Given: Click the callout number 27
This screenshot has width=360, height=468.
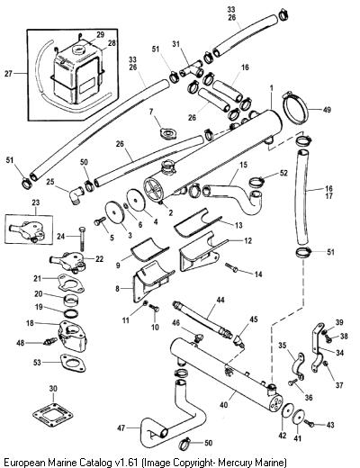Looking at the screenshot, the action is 8,74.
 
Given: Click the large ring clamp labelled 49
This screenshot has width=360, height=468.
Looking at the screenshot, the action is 296,108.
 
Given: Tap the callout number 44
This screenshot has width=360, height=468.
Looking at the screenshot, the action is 220,299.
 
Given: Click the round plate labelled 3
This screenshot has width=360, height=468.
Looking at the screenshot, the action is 114,212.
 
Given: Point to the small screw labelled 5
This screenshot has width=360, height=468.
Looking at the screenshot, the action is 100,222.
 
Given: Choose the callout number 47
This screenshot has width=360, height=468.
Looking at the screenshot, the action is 121,428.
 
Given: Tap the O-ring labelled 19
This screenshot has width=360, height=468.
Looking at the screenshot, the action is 72,313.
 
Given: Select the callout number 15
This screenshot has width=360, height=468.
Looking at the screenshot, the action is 243,165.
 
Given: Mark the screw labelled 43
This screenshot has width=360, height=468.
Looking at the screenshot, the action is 310,423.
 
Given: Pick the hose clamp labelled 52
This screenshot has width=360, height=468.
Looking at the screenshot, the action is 257,181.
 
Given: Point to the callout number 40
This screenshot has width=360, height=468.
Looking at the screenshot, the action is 223,405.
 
